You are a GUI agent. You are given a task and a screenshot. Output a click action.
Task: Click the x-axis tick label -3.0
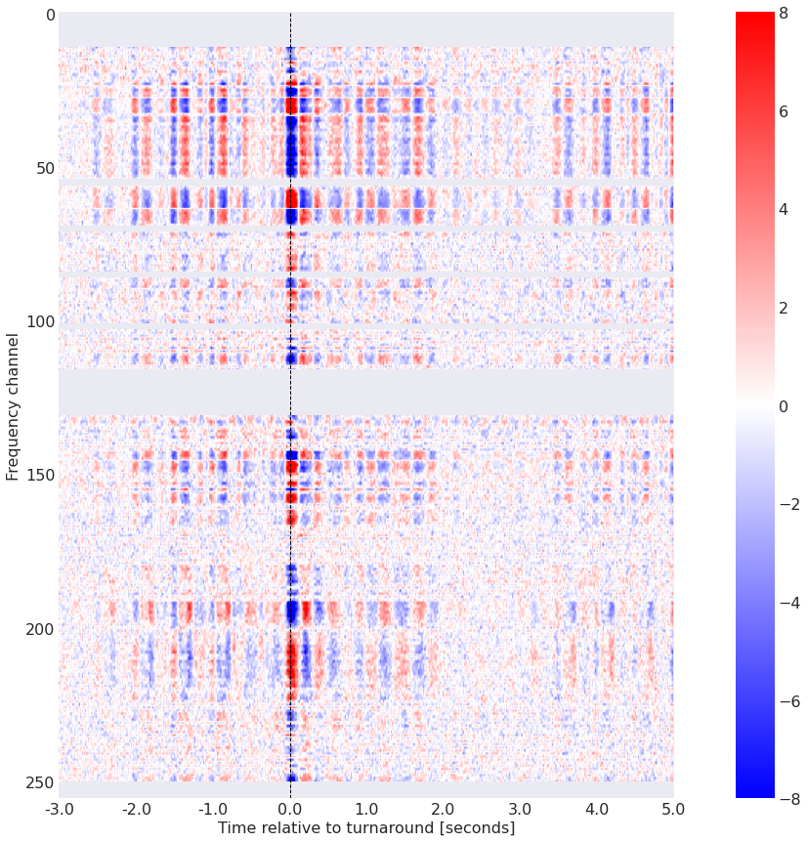pos(59,809)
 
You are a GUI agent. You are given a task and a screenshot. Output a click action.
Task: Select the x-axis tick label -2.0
pos(136,809)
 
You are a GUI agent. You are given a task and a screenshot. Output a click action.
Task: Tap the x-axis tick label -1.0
pos(213,809)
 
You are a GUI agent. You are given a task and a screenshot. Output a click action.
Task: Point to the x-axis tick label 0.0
pos(290,809)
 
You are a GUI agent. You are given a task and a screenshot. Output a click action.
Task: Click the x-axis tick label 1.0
pos(366,809)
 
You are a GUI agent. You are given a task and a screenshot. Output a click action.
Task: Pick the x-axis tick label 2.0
pos(444,809)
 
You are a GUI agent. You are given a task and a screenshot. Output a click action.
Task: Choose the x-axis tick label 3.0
pos(520,809)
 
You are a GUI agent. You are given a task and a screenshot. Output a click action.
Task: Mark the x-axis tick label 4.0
pos(597,809)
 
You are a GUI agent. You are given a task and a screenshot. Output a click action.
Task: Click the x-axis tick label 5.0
pos(673,809)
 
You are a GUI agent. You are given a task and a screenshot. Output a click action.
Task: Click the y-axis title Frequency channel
pos(13,405)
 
